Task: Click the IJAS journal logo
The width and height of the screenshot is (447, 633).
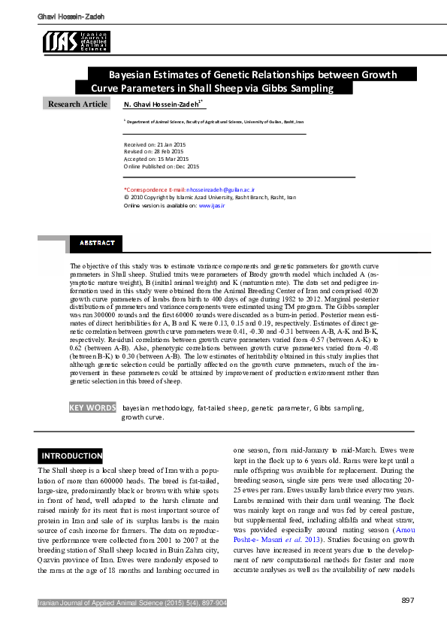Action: click(76, 42)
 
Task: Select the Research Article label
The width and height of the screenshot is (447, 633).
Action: click(77, 104)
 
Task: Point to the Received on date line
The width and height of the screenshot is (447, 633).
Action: click(153, 144)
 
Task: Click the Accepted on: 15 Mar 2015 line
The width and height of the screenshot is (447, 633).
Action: click(156, 159)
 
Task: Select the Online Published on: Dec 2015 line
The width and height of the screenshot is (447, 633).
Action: click(162, 166)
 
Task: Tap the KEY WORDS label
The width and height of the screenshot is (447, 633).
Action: click(92, 407)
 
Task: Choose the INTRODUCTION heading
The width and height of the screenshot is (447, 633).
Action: click(71, 456)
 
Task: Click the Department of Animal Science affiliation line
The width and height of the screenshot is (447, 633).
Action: click(215, 120)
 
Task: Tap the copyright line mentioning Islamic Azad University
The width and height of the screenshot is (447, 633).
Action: click(210, 198)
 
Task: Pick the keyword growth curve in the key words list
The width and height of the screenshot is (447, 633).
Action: click(143, 416)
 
